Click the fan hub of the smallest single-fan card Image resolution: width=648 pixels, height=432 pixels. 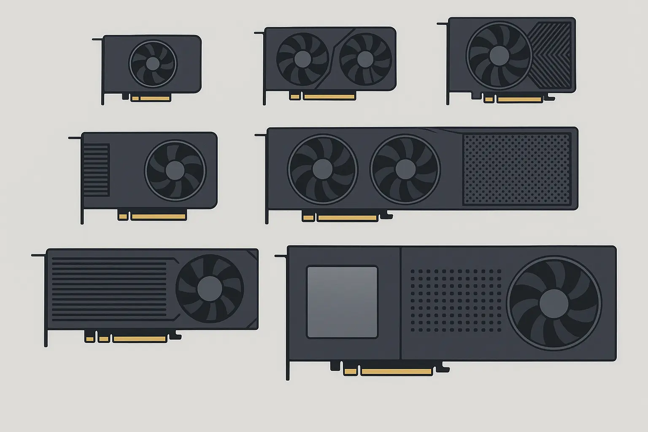(153, 64)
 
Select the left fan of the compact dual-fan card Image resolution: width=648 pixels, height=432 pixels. (302, 59)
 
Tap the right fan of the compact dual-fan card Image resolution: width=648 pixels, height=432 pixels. (365, 59)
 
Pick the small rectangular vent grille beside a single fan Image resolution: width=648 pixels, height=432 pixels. (96, 170)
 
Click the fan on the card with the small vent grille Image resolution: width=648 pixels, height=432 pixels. (175, 170)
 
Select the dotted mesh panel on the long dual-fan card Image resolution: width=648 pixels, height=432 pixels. (516, 170)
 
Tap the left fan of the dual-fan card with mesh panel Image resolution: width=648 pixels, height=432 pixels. (322, 169)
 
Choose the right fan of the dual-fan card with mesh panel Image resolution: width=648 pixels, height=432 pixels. (405, 169)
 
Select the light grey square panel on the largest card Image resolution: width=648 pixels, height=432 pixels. (342, 302)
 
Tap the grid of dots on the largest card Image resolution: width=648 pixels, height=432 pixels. (456, 301)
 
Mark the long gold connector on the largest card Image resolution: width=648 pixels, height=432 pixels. (397, 372)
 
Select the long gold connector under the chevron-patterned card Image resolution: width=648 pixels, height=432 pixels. (519, 100)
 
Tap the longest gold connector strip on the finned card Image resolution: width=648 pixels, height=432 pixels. (140, 339)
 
